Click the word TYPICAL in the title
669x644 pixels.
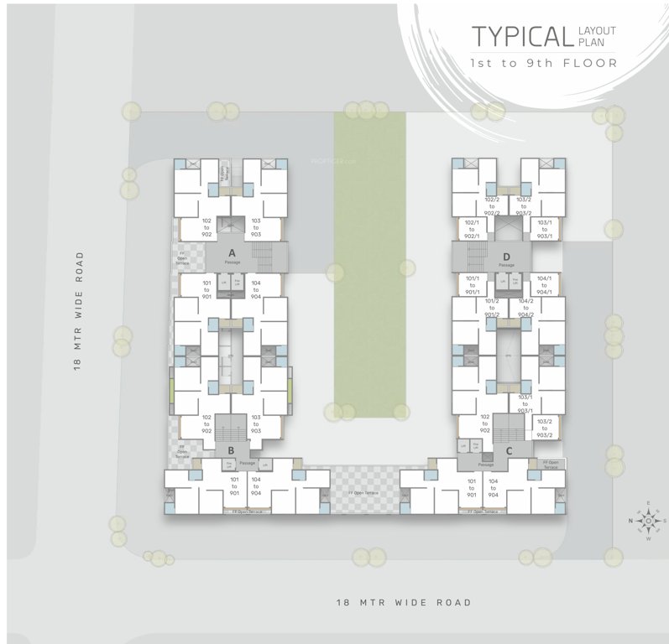click(x=520, y=36)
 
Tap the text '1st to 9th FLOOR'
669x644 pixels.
click(x=544, y=63)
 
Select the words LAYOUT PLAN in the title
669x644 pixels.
click(x=596, y=36)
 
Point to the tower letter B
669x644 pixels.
click(x=230, y=451)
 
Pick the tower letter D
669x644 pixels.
click(x=506, y=257)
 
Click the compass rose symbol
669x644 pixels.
click(x=647, y=521)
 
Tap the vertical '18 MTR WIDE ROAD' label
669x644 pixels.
click(x=79, y=312)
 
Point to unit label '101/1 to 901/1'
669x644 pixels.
click(x=472, y=286)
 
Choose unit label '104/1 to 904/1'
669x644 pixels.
click(x=544, y=286)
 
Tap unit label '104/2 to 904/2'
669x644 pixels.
click(x=525, y=306)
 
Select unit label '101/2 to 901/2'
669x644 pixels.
click(x=492, y=306)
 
